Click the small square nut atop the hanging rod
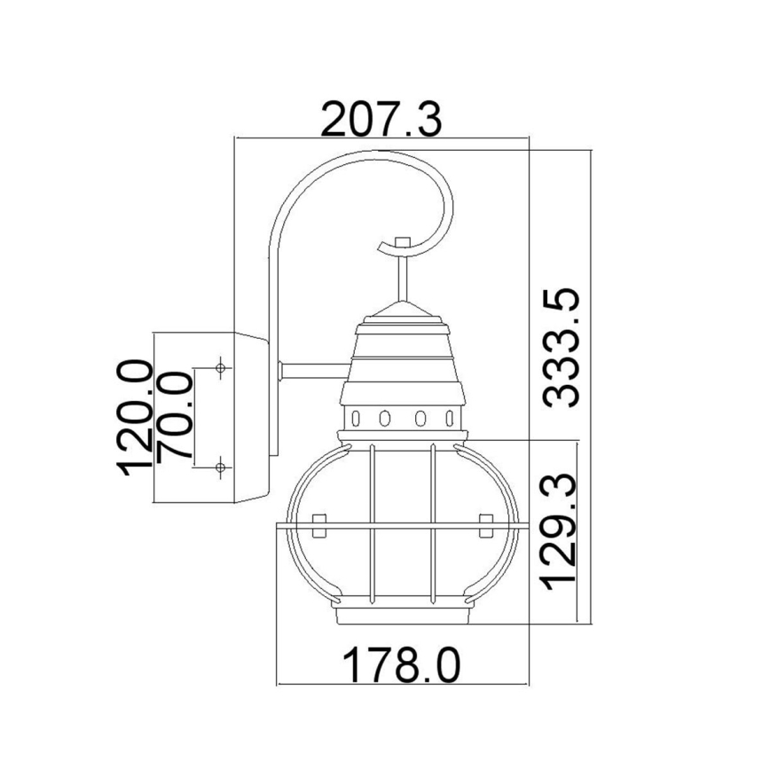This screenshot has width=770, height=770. point(403,242)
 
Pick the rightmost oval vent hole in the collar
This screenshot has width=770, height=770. point(448,418)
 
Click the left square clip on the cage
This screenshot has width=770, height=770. point(319,522)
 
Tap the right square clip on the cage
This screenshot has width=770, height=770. point(484,522)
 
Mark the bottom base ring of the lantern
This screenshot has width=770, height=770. point(401,617)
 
